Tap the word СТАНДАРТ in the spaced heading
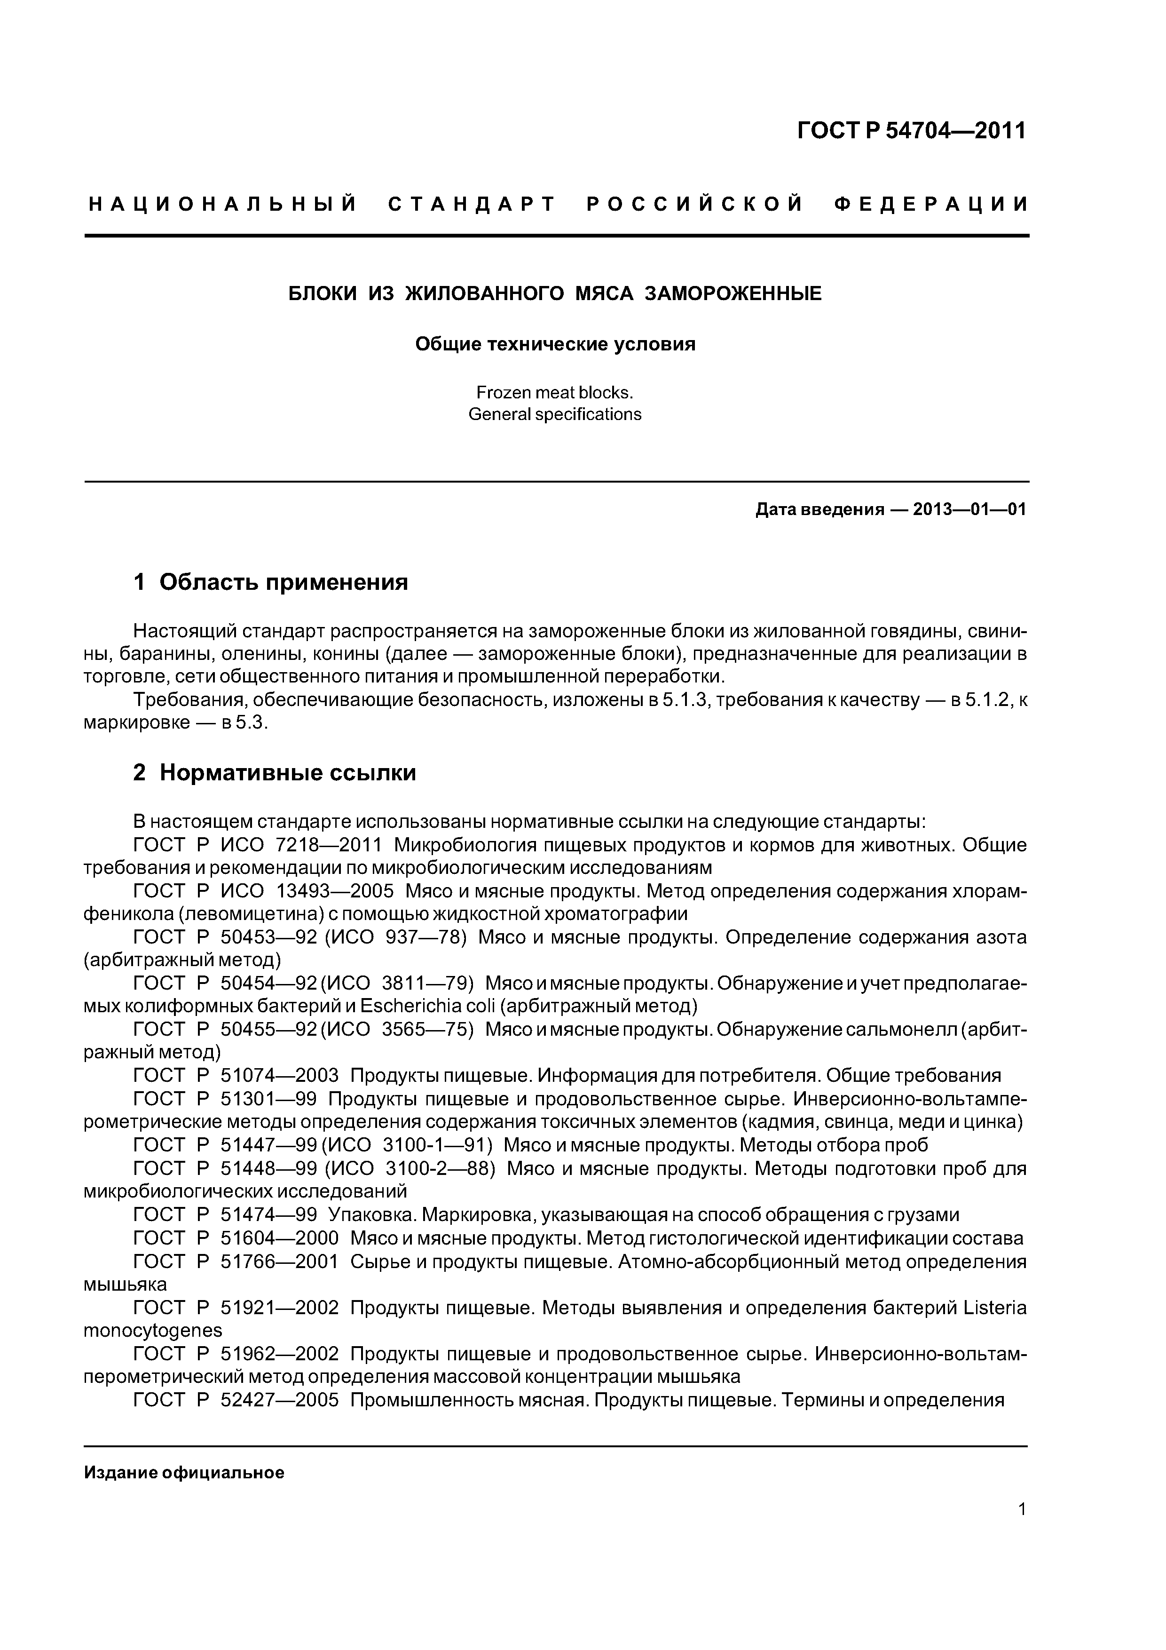tap(472, 205)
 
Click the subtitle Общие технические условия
tap(555, 344)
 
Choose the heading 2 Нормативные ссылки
tap(275, 772)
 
